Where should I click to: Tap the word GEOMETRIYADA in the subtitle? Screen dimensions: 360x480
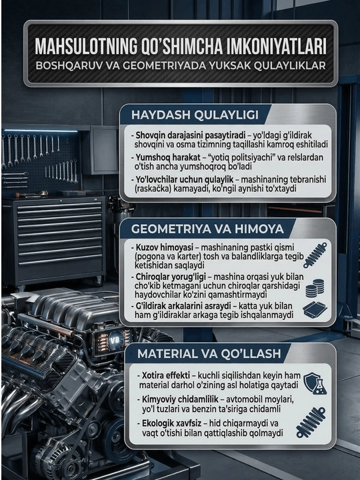pos(168,66)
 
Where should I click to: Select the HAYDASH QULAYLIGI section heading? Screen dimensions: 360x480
pos(195,115)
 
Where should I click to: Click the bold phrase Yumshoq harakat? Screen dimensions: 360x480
pos(165,157)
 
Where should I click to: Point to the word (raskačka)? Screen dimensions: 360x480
pos(153,189)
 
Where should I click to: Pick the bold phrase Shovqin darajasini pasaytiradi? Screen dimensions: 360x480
pos(191,135)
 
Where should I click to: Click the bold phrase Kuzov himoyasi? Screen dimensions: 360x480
pos(165,247)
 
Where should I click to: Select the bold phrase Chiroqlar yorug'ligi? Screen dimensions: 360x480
pos(171,277)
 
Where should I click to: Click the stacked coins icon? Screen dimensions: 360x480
pos(315,288)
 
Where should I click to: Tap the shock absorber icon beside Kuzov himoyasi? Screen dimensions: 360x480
pos(315,255)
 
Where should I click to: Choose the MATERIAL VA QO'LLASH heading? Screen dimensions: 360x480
pos(209,353)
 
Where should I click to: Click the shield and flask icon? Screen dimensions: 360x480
pos(315,383)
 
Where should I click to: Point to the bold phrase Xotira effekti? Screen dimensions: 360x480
pos(166,375)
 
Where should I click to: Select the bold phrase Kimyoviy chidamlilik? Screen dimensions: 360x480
pos(180,399)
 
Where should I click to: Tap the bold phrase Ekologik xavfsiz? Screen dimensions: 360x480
pos(171,423)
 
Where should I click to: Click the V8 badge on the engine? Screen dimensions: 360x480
pos(115,340)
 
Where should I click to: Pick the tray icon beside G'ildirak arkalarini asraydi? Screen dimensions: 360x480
pos(315,310)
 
